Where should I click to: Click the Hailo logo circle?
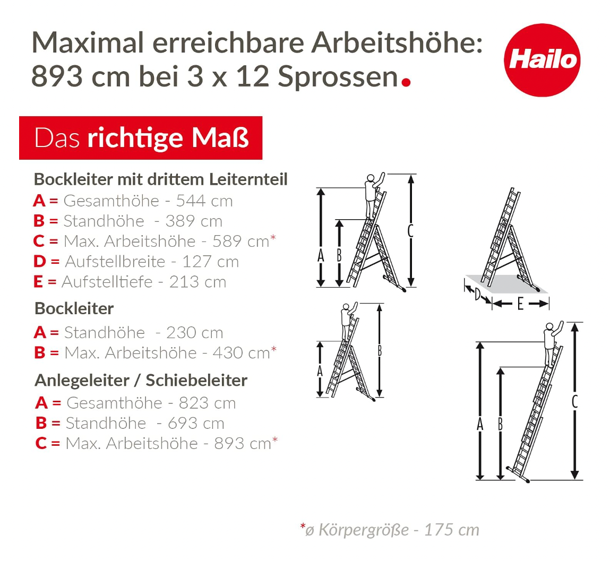click(542, 60)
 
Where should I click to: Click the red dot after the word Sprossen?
click(406, 82)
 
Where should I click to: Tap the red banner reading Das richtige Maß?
click(141, 138)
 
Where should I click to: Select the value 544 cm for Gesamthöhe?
click(204, 201)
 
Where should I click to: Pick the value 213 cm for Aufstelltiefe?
click(197, 282)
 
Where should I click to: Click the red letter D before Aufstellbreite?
click(40, 262)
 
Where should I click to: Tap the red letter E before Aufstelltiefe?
click(38, 282)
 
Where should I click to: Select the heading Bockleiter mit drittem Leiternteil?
click(160, 179)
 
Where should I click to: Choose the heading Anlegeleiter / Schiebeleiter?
click(141, 381)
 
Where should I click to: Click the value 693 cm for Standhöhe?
click(196, 424)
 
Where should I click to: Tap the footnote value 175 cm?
click(451, 530)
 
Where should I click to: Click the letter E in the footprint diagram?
click(520, 304)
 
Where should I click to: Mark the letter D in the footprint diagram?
click(477, 294)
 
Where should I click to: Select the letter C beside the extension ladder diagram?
click(574, 402)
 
